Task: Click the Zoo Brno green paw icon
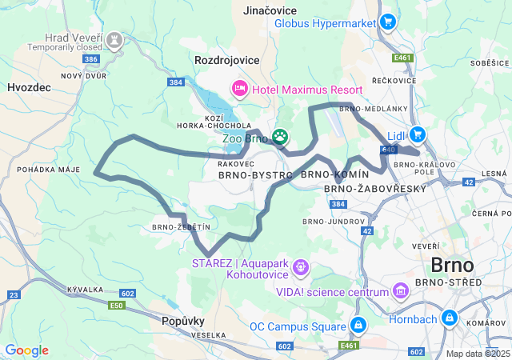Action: (x=280, y=137)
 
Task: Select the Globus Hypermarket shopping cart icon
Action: (x=388, y=22)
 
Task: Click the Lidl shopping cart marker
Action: (x=417, y=134)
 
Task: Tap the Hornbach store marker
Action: (x=449, y=318)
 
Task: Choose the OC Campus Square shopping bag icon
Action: (x=358, y=326)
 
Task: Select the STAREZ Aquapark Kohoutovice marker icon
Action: (x=301, y=266)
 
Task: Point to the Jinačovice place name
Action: (x=270, y=10)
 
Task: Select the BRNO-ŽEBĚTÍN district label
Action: (x=180, y=227)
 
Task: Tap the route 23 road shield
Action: (x=14, y=295)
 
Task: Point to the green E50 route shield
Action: (x=118, y=306)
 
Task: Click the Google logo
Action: (x=26, y=350)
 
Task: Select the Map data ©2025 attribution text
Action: (x=478, y=354)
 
